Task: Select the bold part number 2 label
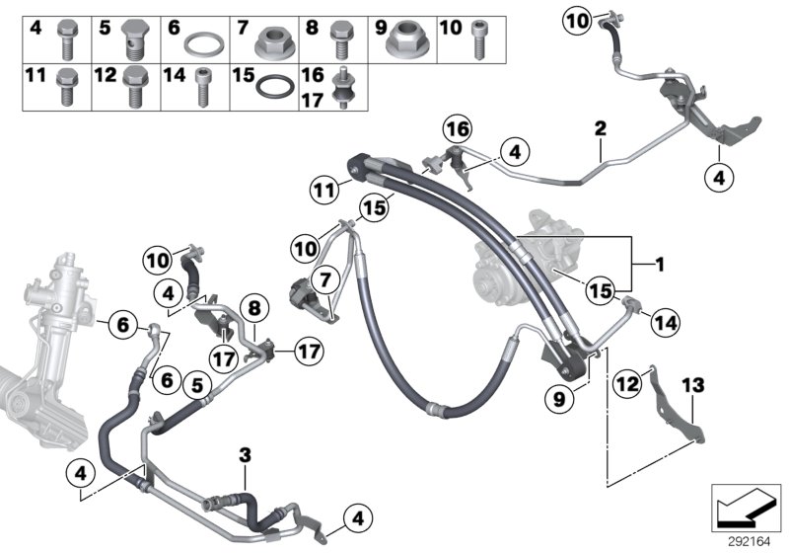(599, 129)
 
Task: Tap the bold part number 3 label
(246, 455)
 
